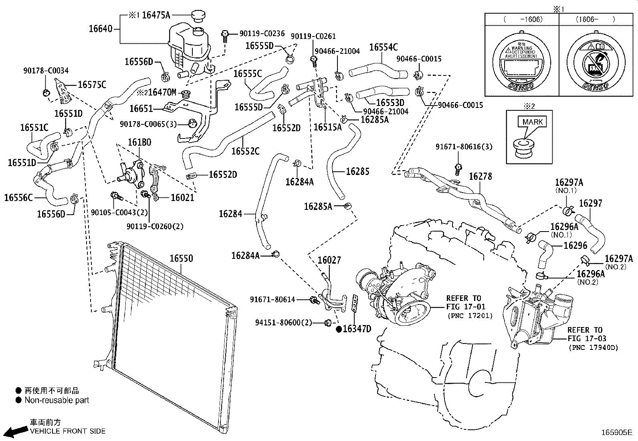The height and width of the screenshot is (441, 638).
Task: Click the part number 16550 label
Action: click(181, 258)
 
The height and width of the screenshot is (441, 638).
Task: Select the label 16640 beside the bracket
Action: click(100, 29)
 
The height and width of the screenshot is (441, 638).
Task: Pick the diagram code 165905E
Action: click(616, 433)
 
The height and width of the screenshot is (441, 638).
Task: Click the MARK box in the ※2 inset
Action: click(532, 122)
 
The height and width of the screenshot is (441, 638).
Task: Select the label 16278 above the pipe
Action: click(480, 177)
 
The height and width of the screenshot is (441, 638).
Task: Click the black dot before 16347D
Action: click(339, 329)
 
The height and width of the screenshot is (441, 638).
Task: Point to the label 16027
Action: click(329, 260)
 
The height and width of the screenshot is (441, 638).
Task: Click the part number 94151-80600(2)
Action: click(284, 323)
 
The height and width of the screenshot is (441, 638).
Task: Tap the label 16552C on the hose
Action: click(245, 151)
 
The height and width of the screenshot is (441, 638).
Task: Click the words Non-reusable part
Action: click(57, 400)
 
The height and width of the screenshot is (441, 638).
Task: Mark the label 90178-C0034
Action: click(45, 71)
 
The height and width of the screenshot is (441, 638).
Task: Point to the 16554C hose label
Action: click(383, 47)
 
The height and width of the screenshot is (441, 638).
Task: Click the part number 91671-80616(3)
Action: click(464, 147)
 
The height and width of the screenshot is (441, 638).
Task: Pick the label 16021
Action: click(182, 197)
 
